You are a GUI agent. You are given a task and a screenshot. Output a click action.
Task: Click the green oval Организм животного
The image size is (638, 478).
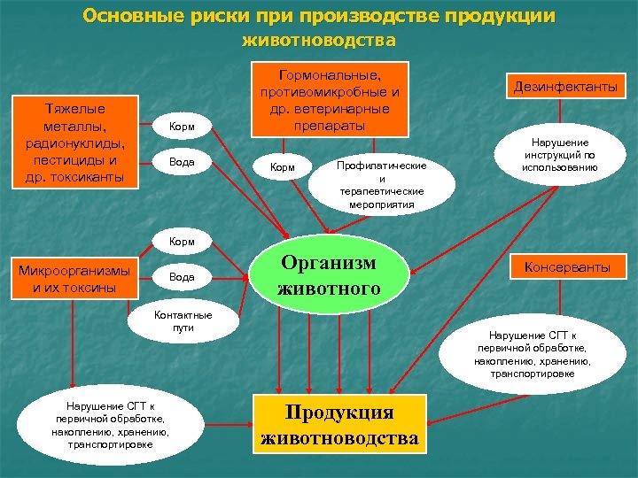pos(330,275)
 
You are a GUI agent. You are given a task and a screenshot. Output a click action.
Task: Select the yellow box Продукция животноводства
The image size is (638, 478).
pos(338,426)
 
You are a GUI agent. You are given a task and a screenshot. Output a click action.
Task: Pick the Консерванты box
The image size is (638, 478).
pos(567,266)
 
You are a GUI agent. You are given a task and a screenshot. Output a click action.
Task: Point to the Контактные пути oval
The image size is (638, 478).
pos(183,320)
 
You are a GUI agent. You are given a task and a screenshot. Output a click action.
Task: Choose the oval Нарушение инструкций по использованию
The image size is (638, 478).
pos(559,154)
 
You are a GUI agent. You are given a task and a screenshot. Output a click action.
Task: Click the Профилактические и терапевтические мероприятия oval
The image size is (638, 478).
pos(382,184)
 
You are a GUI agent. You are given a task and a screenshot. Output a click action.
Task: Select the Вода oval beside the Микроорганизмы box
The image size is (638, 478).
pos(181,277)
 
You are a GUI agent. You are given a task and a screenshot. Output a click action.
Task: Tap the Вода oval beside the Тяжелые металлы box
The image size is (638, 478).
pos(181,163)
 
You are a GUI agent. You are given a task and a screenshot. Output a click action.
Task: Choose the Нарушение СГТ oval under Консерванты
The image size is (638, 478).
pos(536,354)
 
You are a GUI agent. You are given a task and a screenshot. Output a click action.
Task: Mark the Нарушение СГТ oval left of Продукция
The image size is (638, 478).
pos(111,425)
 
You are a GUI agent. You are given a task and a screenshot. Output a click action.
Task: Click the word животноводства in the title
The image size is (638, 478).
pos(318,41)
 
